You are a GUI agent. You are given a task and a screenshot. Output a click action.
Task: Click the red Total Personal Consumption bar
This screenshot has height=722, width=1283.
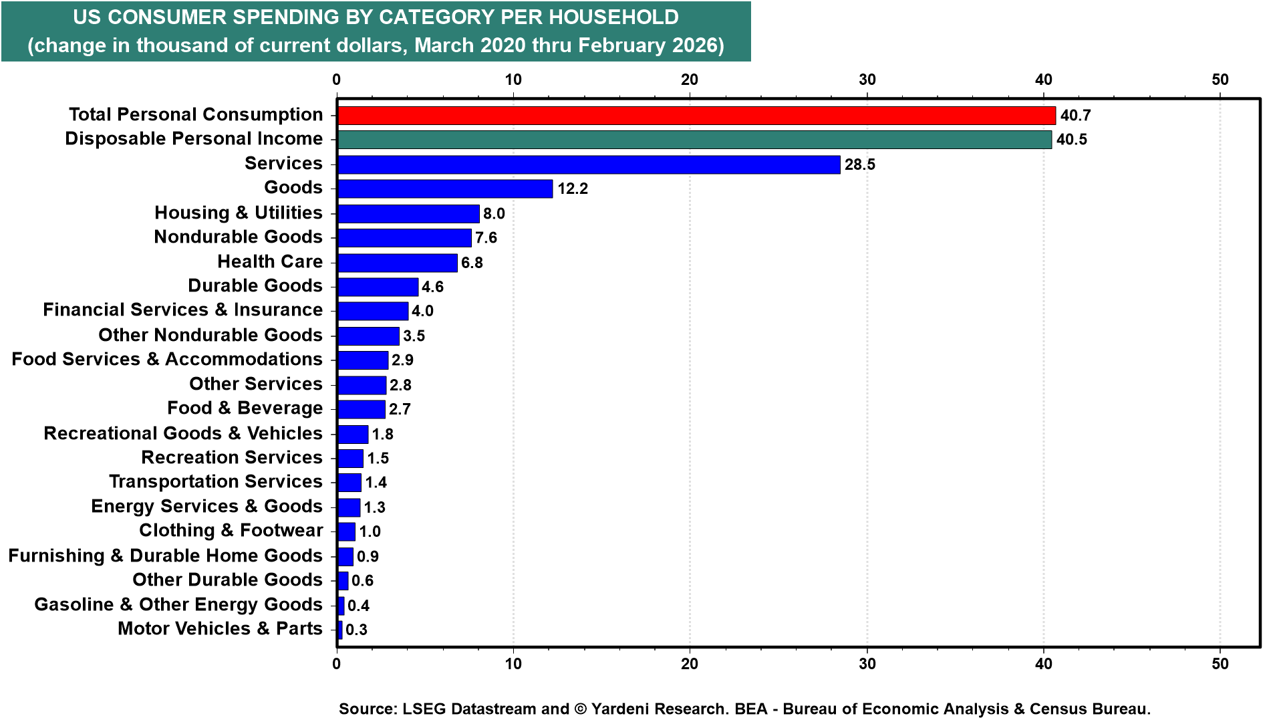click(696, 115)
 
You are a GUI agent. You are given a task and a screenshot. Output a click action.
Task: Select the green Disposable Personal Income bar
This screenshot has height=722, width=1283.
click(694, 139)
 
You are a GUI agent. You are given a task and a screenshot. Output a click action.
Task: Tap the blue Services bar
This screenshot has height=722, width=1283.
click(588, 164)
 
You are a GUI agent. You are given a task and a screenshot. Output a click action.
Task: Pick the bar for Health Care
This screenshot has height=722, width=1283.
click(397, 262)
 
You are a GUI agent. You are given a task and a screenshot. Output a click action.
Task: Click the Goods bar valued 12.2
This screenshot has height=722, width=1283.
click(445, 189)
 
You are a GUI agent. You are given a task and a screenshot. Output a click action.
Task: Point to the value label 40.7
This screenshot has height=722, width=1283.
click(1075, 116)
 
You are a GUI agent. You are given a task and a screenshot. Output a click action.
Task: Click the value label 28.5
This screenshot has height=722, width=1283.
click(859, 164)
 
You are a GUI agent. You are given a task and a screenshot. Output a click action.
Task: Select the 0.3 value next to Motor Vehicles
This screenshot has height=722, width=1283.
click(356, 630)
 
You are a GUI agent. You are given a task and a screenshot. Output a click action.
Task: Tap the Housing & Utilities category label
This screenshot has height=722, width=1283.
click(238, 213)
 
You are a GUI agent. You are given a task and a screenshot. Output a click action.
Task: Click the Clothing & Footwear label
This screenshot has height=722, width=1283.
click(231, 531)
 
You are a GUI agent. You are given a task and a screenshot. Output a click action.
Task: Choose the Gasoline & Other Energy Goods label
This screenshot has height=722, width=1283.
click(178, 605)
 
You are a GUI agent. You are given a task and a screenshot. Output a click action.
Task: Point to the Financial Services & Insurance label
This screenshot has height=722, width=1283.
click(182, 310)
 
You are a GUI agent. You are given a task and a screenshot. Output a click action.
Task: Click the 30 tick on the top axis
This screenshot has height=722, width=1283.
click(867, 80)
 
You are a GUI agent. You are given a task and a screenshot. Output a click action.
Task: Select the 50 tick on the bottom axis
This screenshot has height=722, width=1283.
click(1220, 664)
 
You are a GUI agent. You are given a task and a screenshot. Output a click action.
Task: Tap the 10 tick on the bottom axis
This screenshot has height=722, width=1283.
click(513, 664)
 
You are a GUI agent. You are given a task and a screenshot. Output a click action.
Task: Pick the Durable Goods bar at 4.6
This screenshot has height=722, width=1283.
click(378, 287)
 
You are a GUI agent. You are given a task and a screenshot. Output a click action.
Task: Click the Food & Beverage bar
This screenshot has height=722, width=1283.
click(361, 409)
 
